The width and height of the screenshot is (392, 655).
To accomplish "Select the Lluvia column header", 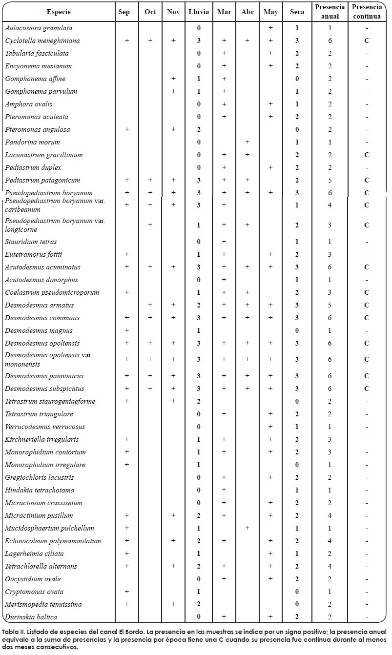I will (x=199, y=12).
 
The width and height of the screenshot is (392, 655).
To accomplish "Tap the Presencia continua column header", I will (x=367, y=12).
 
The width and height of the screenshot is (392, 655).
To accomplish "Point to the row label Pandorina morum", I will (x=32, y=142).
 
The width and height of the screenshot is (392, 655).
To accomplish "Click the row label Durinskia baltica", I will (x=31, y=617).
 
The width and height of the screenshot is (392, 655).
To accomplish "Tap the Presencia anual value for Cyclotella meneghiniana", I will (x=330, y=41).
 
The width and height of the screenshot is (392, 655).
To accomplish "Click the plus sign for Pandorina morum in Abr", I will (x=248, y=142).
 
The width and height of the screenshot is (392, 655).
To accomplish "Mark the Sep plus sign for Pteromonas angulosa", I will (x=127, y=129).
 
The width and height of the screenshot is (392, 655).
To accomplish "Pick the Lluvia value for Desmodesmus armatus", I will (x=199, y=305).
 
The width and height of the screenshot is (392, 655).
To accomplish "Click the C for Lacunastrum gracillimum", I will (x=367, y=155).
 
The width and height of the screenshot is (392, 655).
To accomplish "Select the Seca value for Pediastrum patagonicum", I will (x=297, y=180).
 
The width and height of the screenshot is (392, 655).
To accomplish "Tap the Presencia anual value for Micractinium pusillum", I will (x=330, y=515).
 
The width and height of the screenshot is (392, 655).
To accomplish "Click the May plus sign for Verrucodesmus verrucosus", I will (x=270, y=427).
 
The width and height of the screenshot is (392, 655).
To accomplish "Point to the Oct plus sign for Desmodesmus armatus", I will (x=150, y=305).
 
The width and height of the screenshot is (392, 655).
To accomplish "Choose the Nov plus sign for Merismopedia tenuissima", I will (x=173, y=604).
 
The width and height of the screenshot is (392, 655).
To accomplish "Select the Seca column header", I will (x=297, y=12).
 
